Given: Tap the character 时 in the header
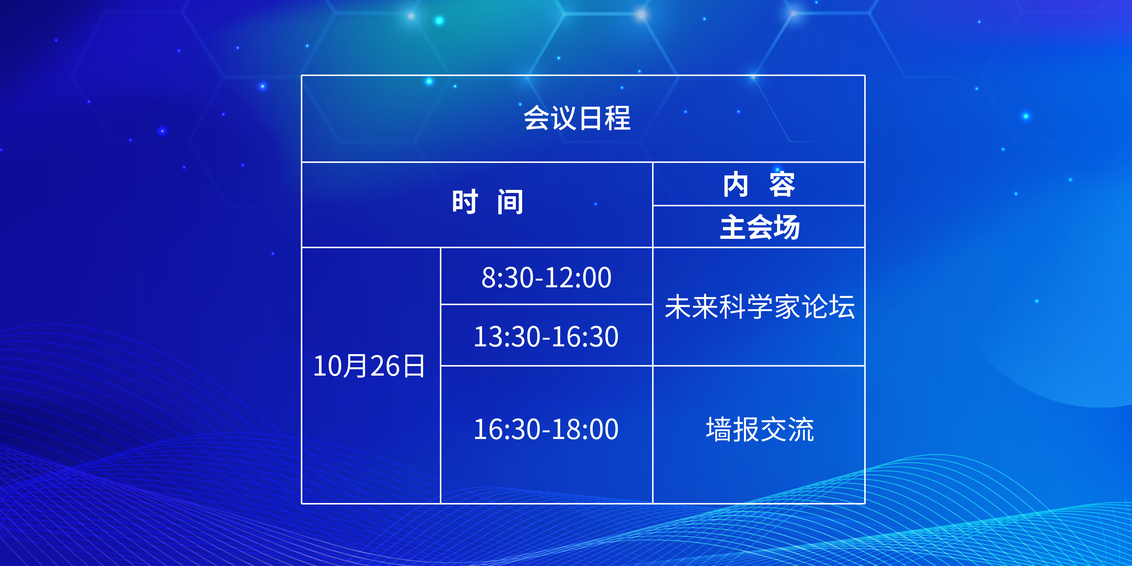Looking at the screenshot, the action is point(465,202).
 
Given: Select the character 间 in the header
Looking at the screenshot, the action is point(510,202).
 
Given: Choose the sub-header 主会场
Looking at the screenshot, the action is point(760,227).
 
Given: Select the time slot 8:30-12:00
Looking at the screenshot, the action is point(546,278).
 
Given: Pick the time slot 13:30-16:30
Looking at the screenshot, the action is point(546,337).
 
